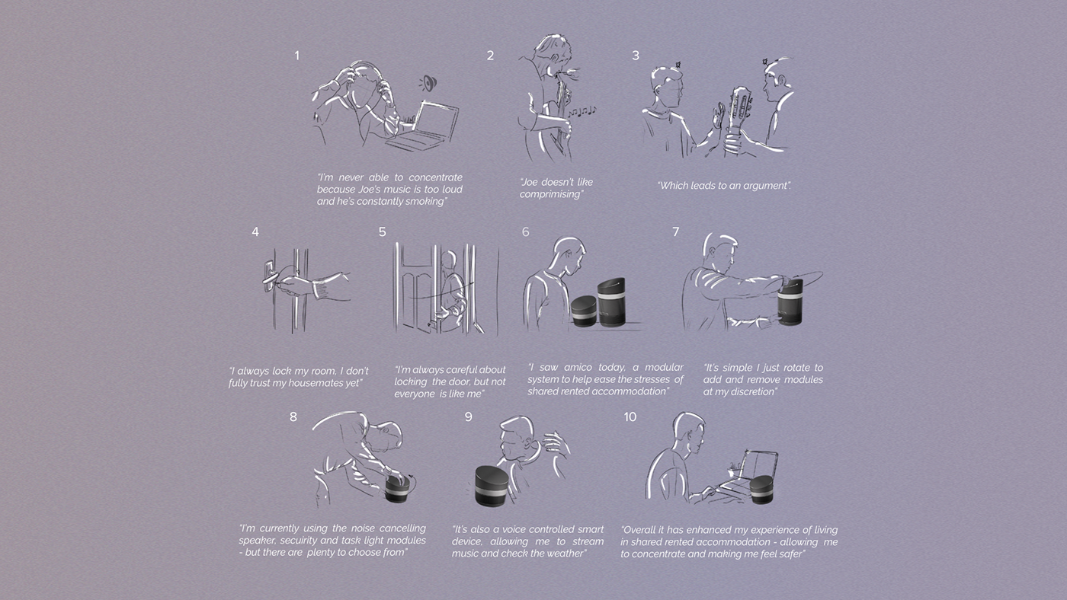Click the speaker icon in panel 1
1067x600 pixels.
coord(428,83)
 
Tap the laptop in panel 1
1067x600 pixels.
coord(423,126)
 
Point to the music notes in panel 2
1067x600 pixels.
coord(582,111)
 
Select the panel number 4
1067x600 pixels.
coord(255,232)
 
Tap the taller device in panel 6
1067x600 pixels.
coord(611,302)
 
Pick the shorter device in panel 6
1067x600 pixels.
coord(584,311)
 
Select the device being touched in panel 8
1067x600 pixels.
coord(397,489)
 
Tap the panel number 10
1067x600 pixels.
coord(630,417)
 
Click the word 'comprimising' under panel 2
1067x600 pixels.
coord(550,194)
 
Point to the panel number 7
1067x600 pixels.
coord(675,231)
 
